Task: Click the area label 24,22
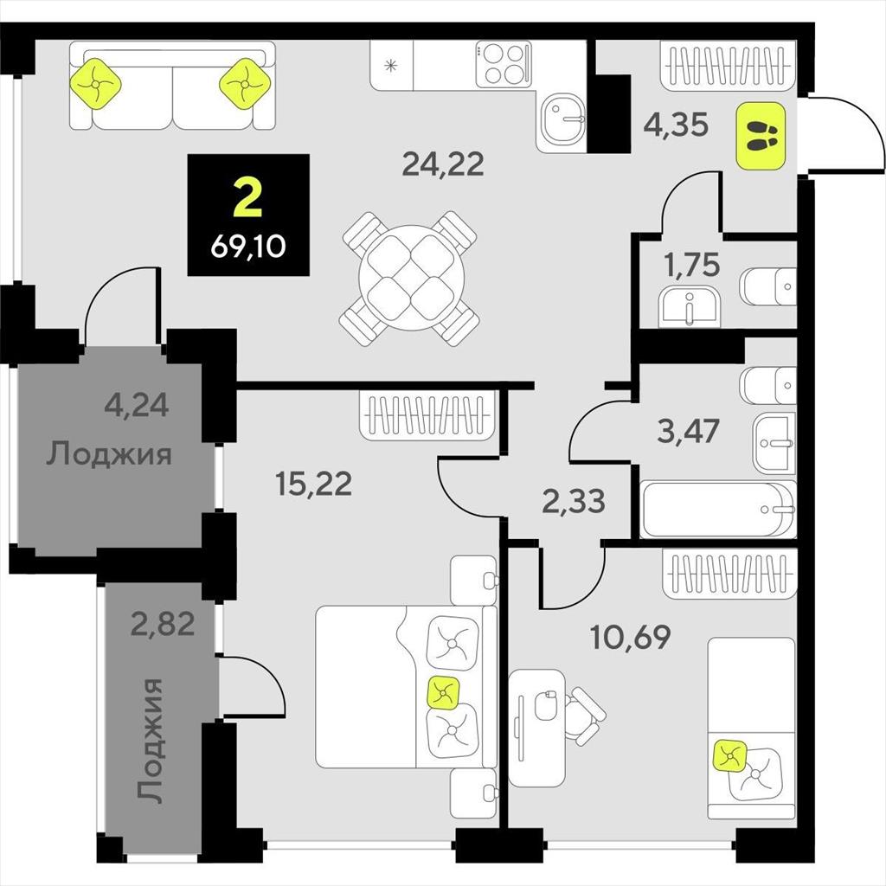point(443,164)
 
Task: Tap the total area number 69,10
point(248,247)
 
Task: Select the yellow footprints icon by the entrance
point(761,136)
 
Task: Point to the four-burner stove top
point(504,65)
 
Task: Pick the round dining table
point(411,278)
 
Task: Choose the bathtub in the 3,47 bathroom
point(718,510)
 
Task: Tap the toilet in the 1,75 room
point(768,286)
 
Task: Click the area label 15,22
point(313,484)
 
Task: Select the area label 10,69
point(630,637)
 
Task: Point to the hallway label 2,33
point(574,501)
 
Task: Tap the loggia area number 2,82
point(163,624)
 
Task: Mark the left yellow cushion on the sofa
point(95,84)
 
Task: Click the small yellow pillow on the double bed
point(444,692)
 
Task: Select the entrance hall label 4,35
point(676,125)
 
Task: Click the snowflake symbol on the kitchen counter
point(390,66)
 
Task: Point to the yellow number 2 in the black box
point(247,196)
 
